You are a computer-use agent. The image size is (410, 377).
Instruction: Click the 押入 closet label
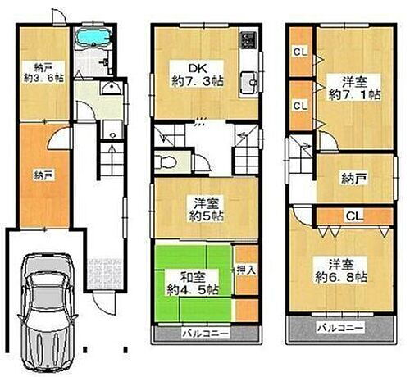pyautogui.click(x=244, y=269)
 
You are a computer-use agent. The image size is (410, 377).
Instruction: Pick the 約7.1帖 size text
pyautogui.click(x=353, y=93)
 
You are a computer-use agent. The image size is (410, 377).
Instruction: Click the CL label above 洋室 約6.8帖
pyautogui.click(x=353, y=216)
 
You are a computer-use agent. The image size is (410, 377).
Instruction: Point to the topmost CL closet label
pyautogui.click(x=300, y=52)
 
